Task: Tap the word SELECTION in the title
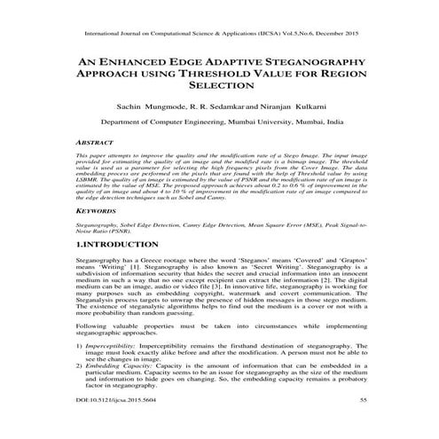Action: tap(220, 91)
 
